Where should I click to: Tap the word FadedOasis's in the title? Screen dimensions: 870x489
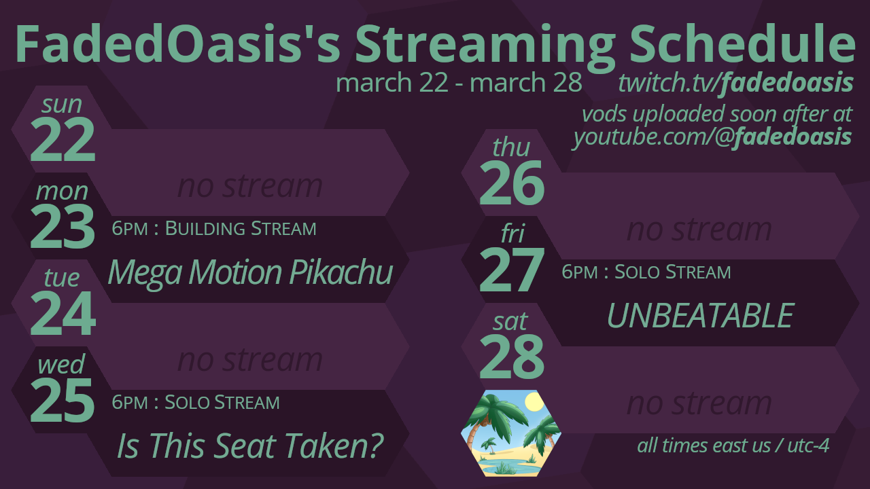pyautogui.click(x=178, y=43)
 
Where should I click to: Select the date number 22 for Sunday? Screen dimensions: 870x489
pyautogui.click(x=63, y=140)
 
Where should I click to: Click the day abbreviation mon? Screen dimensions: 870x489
pyautogui.click(x=62, y=192)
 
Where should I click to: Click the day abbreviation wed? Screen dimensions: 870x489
pyautogui.click(x=61, y=364)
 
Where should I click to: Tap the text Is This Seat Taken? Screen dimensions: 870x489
pyautogui.click(x=251, y=446)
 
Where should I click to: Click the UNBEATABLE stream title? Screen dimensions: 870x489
pyautogui.click(x=700, y=316)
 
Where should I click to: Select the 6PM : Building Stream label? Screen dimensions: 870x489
pyautogui.click(x=214, y=229)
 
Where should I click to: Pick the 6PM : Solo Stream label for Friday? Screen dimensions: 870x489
pyautogui.click(x=646, y=272)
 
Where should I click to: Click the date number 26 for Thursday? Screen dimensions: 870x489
pyautogui.click(x=512, y=183)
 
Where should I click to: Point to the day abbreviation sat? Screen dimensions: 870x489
pyautogui.click(x=510, y=322)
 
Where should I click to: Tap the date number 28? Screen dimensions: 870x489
pyautogui.click(x=512, y=357)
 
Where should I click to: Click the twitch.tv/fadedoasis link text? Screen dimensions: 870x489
pyautogui.click(x=735, y=83)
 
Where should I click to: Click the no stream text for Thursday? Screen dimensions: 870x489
pyautogui.click(x=699, y=230)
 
